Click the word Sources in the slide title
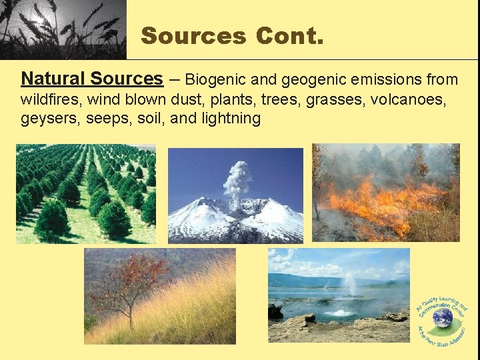tap(193, 35)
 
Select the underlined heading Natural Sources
tap(92, 79)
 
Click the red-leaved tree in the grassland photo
tap(133, 280)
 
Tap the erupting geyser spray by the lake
tap(347, 293)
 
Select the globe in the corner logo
tap(441, 318)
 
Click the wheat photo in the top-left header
tap(63, 29)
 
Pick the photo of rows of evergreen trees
tap(85, 193)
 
